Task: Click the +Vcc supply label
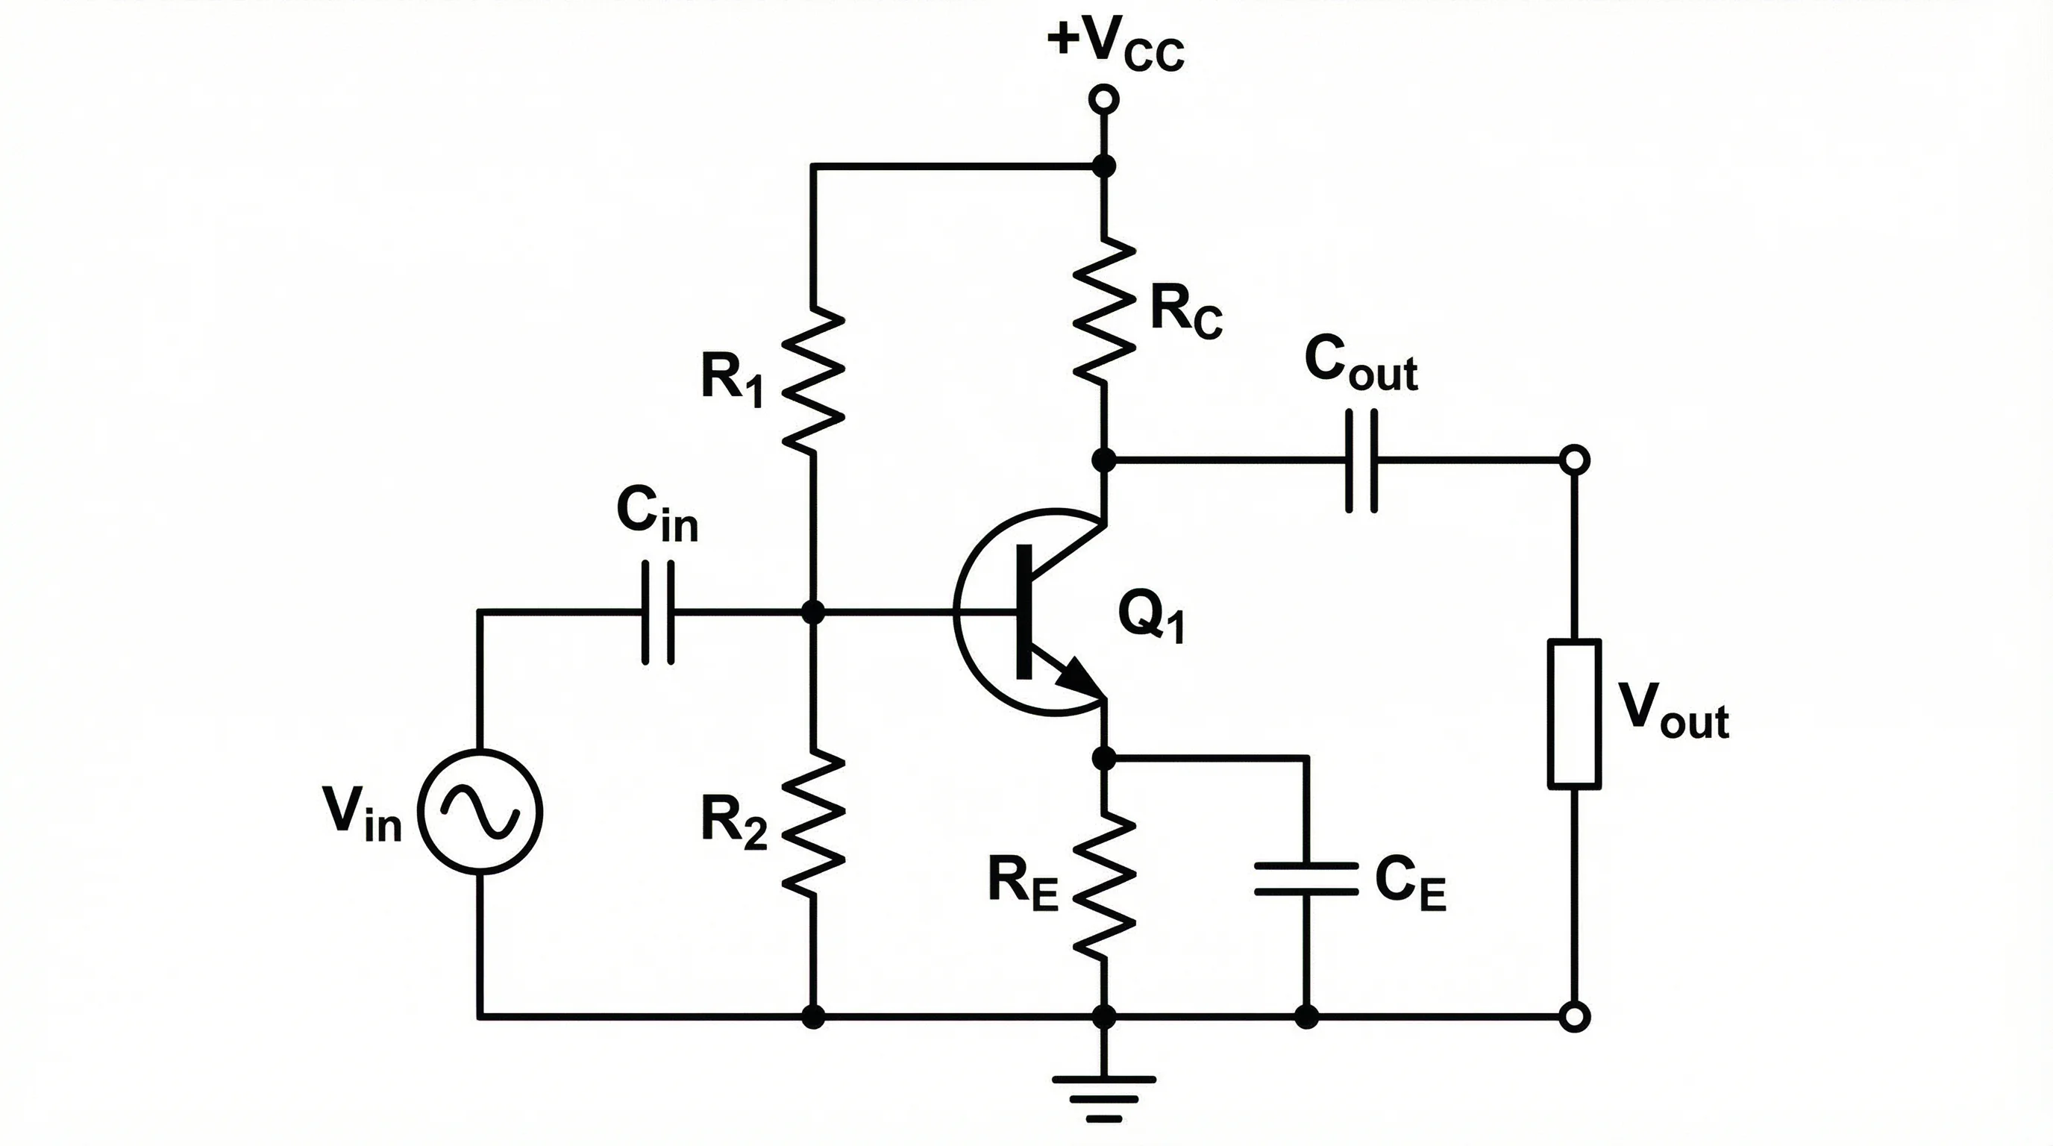click(1116, 44)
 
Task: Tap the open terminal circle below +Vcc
click(1104, 100)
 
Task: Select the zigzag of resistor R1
click(812, 381)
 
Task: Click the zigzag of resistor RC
click(1104, 311)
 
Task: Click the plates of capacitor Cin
click(658, 612)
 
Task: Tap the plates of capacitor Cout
click(1362, 460)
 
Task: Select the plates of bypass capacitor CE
click(1306, 878)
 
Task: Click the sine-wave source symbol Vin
click(480, 812)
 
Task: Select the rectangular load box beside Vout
click(1574, 714)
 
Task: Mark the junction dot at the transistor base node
click(812, 612)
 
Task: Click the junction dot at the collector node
click(1104, 460)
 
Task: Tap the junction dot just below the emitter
click(1104, 757)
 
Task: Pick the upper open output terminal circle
click(1574, 460)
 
